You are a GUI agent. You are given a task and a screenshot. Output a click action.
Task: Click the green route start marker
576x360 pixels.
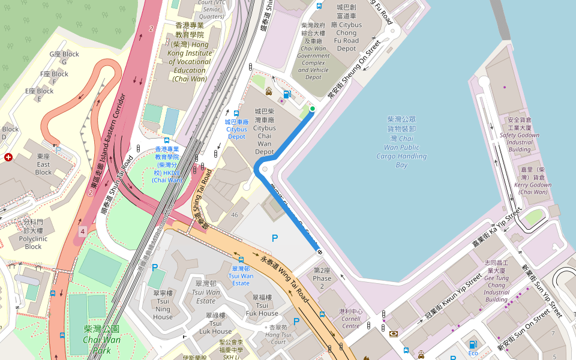(x=313, y=109)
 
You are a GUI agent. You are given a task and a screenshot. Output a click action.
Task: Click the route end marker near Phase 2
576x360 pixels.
(x=320, y=251)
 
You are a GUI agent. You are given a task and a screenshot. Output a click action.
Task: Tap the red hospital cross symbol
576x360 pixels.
(x=8, y=157)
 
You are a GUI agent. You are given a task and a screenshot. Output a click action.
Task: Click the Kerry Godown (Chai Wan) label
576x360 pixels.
(x=533, y=181)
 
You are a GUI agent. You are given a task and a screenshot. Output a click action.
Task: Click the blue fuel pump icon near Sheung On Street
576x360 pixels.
(x=287, y=94)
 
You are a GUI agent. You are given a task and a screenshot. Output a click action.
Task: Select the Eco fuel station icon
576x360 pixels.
(x=473, y=344)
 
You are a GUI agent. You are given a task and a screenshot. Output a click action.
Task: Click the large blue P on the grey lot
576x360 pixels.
(x=275, y=238)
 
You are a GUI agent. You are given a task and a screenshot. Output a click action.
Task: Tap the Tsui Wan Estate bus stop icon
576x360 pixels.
(x=241, y=260)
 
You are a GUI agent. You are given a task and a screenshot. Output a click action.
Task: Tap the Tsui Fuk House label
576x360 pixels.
(x=262, y=305)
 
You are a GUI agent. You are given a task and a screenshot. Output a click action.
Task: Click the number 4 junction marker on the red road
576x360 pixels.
(x=82, y=230)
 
